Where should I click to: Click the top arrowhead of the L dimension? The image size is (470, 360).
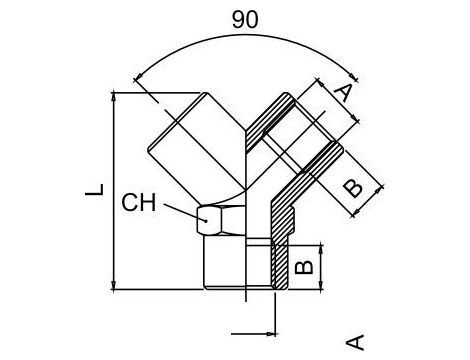coord(119,95)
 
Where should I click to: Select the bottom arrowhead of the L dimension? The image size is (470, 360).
coord(119,284)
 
